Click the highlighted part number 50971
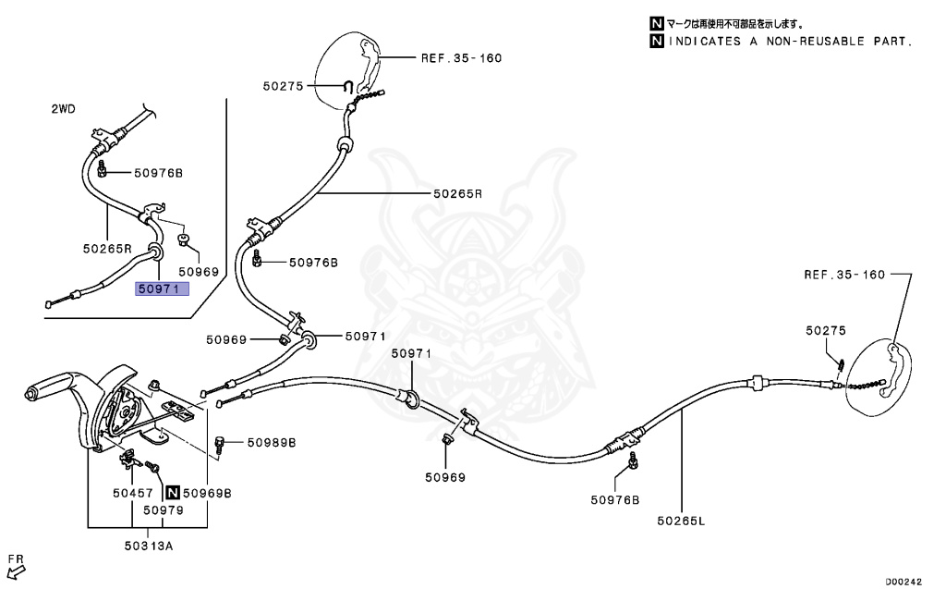tap(163, 288)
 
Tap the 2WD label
tap(63, 109)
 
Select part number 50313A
tap(149, 546)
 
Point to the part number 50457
tap(127, 493)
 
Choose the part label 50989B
tap(272, 443)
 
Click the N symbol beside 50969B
tap(172, 493)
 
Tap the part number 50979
tap(162, 509)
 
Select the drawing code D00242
tap(904, 582)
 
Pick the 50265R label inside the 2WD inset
tap(108, 249)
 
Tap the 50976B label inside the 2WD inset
tap(158, 173)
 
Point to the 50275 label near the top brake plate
tap(283, 86)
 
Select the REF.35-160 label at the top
tap(461, 57)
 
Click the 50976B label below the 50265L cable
tap(615, 500)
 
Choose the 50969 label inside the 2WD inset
tap(199, 272)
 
